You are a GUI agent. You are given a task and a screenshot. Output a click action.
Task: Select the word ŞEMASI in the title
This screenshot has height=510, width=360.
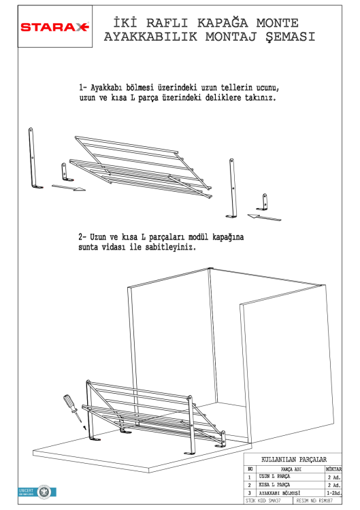click(287, 37)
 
